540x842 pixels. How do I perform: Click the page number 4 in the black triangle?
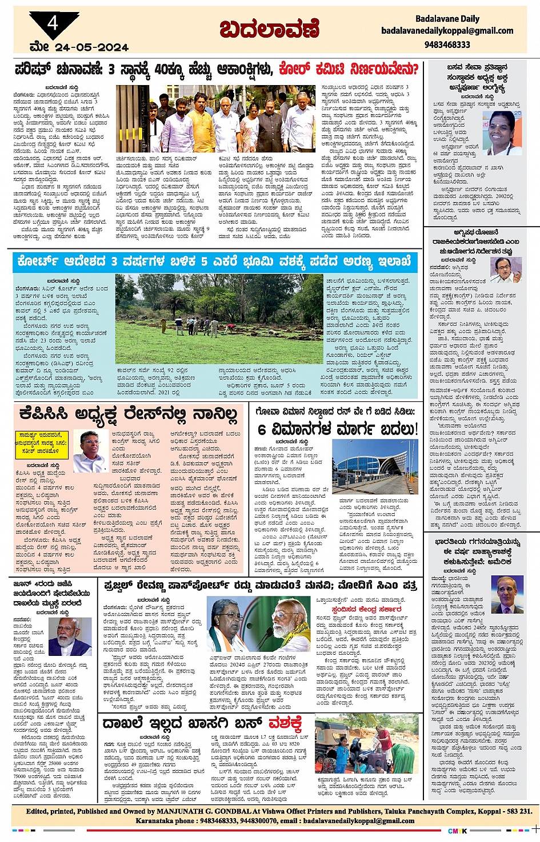click(x=53, y=23)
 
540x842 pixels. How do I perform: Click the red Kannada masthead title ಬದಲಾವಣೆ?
click(x=269, y=29)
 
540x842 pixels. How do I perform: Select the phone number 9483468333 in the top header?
click(x=447, y=44)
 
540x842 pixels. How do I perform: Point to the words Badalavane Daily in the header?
click(x=447, y=19)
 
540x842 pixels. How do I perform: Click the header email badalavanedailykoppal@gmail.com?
click(x=447, y=31)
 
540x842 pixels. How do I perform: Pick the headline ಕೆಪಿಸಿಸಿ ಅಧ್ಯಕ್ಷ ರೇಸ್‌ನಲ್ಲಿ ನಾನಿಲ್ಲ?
click(x=128, y=413)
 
